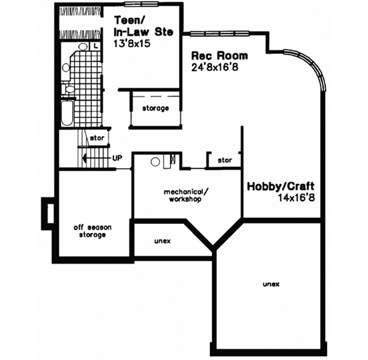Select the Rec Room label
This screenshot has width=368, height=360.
[212, 54]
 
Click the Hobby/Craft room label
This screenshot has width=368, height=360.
[274, 186]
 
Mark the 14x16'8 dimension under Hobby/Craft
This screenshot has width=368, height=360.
[300, 198]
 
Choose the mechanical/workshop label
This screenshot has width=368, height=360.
[184, 195]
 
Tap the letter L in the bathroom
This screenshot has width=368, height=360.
[96, 46]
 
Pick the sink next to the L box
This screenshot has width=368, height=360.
[82, 47]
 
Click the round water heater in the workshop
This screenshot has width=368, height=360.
[156, 162]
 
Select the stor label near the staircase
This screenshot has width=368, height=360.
[96, 138]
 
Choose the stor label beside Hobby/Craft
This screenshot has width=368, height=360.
[224, 161]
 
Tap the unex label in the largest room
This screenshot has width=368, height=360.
[270, 285]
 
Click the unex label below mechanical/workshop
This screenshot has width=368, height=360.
[163, 240]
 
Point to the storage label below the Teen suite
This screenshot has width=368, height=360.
[156, 109]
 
